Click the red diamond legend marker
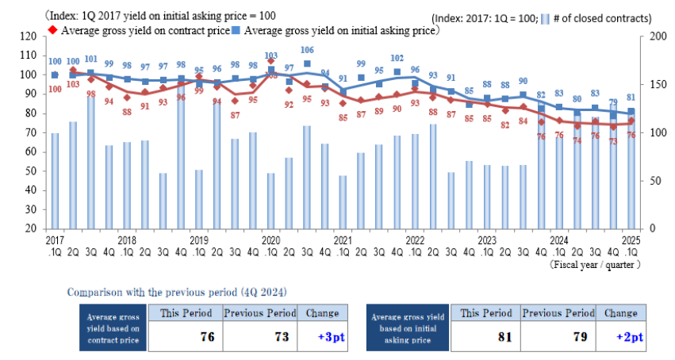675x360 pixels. click(x=52, y=30)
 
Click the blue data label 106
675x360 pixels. click(x=306, y=50)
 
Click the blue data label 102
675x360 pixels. click(x=397, y=58)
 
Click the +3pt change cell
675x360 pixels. click(x=324, y=336)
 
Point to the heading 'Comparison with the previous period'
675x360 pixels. click(x=177, y=290)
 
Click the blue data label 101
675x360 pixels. click(x=90, y=59)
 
